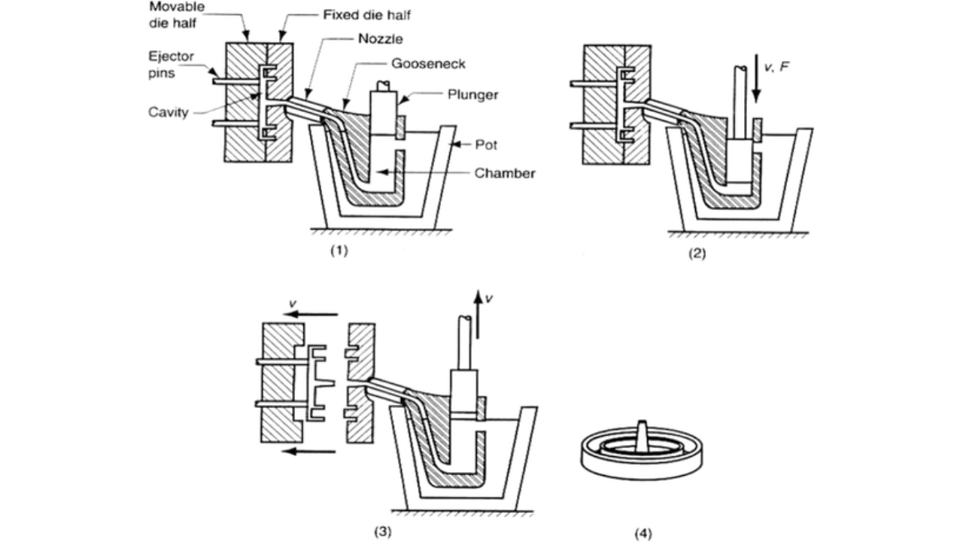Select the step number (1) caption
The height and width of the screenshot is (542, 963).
click(339, 251)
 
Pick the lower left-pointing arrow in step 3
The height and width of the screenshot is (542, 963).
click(312, 452)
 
